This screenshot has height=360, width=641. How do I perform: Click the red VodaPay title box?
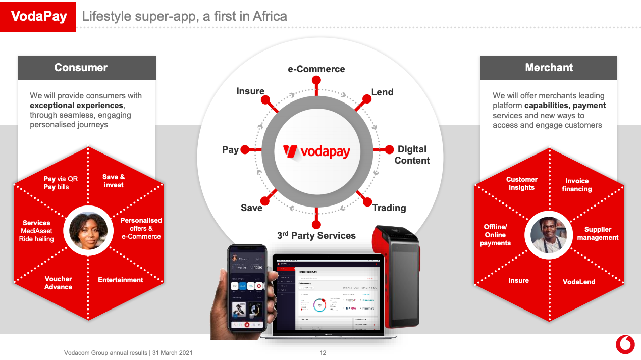38,16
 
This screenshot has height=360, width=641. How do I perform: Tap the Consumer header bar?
87,68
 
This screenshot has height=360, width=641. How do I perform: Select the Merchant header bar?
549,68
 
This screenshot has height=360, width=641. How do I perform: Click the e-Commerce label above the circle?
316,69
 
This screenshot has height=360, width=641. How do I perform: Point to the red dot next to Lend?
367,99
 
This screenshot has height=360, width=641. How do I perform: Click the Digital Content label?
412,155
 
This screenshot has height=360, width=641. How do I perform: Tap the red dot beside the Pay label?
244,150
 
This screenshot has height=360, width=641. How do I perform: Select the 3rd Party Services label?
316,236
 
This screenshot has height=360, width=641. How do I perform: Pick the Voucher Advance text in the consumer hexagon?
58,283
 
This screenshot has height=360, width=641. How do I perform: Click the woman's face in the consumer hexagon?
88,231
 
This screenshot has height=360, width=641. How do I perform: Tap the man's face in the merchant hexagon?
549,235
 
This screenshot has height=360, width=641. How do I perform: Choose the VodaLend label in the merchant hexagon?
579,282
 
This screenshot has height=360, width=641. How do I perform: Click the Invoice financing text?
577,185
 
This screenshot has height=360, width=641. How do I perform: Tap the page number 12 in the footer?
323,353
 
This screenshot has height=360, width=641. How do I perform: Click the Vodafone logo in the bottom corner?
625,345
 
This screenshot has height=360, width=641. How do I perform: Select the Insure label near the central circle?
250,91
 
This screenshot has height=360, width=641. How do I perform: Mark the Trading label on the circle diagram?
389,208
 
